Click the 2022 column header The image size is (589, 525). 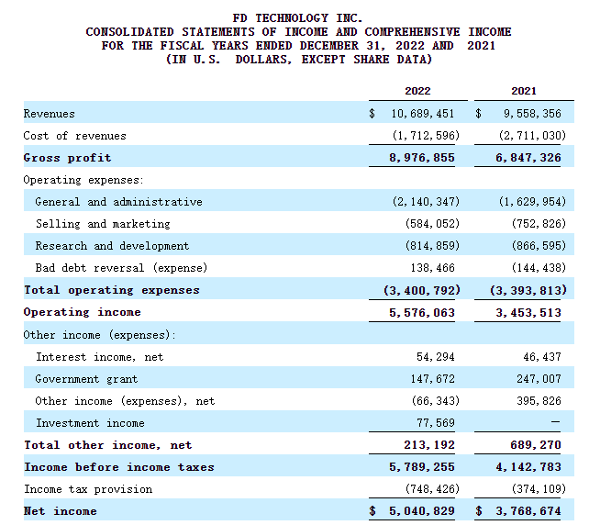[417, 91]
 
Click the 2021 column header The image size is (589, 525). [524, 91]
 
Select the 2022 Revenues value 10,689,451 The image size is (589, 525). [423, 114]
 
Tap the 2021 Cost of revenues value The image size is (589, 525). [532, 135]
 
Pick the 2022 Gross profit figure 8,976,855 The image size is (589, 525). [422, 158]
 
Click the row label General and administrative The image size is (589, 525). [118, 202]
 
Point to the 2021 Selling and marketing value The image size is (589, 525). [539, 224]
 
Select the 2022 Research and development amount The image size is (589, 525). [432, 246]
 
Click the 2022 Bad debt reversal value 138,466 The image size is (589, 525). [432, 268]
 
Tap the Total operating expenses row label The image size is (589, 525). [112, 290]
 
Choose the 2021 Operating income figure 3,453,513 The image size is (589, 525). [528, 313]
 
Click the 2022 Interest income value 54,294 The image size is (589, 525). [436, 357]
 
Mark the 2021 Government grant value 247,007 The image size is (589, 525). [539, 379]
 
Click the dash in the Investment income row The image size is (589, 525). [555, 422]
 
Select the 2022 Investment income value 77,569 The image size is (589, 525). [436, 423]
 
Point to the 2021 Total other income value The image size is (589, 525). [535, 445]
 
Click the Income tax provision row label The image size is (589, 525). [88, 489]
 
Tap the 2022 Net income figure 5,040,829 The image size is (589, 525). [422, 511]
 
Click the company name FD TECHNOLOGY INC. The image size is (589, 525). [297, 18]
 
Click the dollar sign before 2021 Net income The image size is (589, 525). [479, 511]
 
